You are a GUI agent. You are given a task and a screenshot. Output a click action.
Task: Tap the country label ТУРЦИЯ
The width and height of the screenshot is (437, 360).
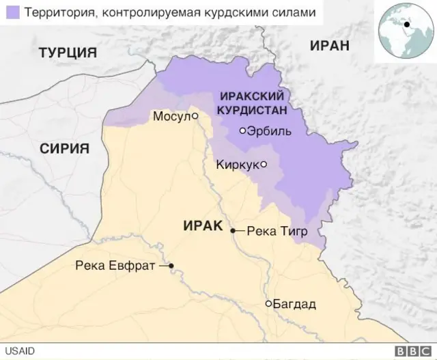tap(68, 53)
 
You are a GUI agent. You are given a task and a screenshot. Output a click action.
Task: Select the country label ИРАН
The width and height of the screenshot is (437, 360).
tap(329, 46)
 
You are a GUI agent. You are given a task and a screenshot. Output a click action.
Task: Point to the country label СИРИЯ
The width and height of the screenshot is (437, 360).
tap(64, 149)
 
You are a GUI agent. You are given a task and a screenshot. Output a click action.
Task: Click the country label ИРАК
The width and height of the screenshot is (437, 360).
tap(203, 225)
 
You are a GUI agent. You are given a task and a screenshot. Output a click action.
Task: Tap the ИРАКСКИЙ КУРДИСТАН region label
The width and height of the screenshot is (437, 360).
tap(250, 102)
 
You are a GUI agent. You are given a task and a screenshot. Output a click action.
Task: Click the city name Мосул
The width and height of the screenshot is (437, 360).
tap(171, 117)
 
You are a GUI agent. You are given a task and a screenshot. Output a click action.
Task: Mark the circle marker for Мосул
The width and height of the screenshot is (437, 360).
tap(195, 116)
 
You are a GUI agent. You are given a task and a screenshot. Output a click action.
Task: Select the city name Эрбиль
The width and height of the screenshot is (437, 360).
tap(270, 131)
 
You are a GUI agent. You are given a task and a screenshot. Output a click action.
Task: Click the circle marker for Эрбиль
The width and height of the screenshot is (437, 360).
tap(242, 130)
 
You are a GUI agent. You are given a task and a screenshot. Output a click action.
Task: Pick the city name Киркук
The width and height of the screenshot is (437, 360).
tap(237, 164)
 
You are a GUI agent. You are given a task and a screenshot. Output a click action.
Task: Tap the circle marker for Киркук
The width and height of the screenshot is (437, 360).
tap(264, 164)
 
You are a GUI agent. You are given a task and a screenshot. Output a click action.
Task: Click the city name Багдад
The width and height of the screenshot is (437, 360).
tap(295, 304)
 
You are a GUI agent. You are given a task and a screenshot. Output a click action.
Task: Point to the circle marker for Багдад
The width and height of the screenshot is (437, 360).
tap(269, 303)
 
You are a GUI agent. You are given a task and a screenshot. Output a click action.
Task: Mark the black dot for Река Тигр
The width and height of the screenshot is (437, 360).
tap(233, 231)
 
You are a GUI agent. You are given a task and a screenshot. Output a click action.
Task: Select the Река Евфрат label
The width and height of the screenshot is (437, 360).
tap(116, 266)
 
